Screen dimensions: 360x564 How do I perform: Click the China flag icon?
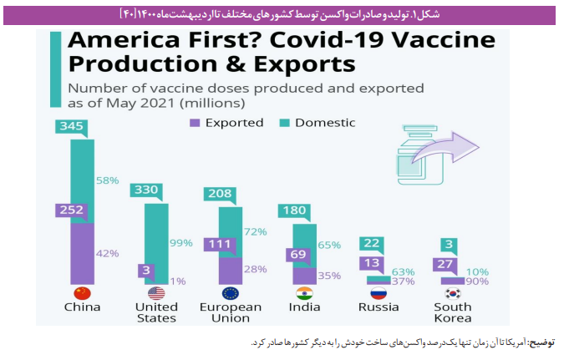[x=82, y=293]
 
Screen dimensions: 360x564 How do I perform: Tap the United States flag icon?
[x=156, y=293]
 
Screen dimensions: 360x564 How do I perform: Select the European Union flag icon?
[x=231, y=293]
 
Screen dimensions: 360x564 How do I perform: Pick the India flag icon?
[x=305, y=293]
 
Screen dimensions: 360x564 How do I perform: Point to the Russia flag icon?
[x=379, y=293]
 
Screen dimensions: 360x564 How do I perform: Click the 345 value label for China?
[x=70, y=126]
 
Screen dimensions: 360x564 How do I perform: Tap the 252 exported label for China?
[x=70, y=210]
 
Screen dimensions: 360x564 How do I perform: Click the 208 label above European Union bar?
[x=219, y=194]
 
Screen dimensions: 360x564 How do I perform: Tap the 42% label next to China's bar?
[x=108, y=253]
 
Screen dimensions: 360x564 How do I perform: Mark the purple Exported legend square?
[x=194, y=123]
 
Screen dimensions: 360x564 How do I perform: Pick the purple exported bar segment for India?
[x=305, y=276]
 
